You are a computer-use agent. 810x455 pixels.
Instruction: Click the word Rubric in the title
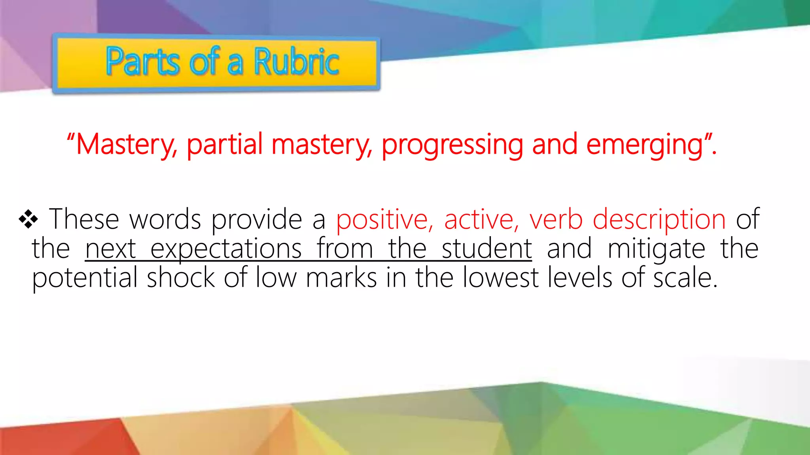click(x=296, y=62)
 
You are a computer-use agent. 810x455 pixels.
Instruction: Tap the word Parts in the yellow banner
click(x=143, y=62)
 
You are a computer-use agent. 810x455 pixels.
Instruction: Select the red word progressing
click(x=452, y=145)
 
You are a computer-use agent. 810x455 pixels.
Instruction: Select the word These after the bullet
click(x=84, y=219)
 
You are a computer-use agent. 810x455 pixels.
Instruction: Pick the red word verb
click(x=556, y=219)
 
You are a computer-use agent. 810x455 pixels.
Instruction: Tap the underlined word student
click(x=486, y=249)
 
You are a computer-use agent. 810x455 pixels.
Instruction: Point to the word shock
click(x=181, y=278)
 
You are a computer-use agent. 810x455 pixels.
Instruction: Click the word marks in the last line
click(x=341, y=278)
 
